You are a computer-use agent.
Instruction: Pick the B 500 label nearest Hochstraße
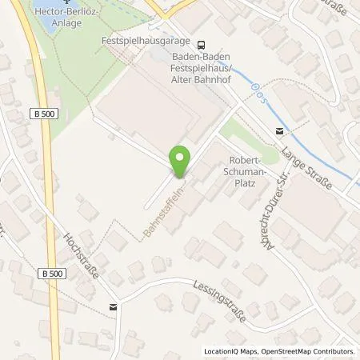(50, 273)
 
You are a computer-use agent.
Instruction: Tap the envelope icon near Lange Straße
(279, 130)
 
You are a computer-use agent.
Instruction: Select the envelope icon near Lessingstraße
(113, 306)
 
